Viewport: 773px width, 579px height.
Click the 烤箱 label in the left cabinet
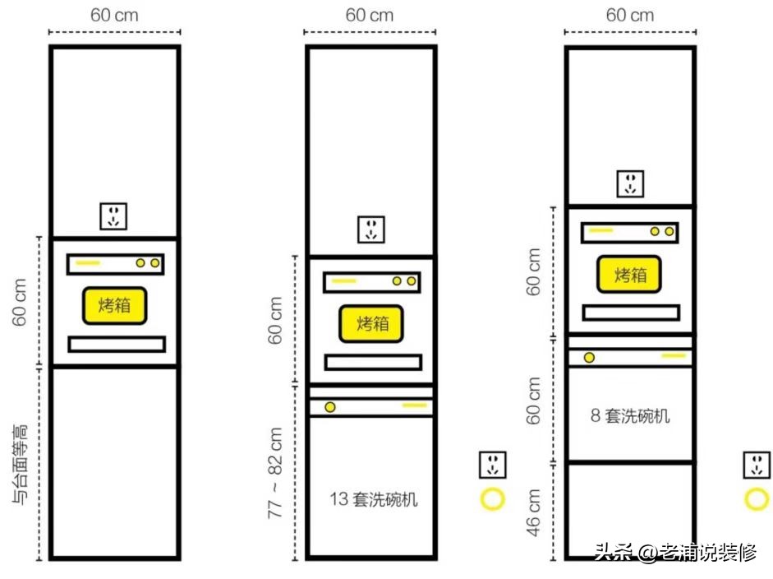115,306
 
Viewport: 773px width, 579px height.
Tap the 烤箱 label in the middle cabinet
372,323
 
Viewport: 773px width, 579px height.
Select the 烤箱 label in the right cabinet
629,275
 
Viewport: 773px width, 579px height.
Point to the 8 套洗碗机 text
630,415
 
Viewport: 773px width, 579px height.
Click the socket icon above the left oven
114,217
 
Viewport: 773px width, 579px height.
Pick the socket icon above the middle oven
371,229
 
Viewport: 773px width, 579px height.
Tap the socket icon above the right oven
630,183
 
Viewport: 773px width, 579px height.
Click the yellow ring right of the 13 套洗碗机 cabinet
492,498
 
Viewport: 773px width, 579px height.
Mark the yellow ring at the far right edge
757,498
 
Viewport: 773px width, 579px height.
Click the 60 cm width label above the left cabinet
114,15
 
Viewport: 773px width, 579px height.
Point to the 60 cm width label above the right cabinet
630,15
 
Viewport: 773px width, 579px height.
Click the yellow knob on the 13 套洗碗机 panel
330,407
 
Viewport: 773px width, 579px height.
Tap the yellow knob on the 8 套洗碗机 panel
589,357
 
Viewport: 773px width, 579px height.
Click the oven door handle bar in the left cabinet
117,344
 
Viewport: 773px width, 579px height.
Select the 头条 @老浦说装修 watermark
675,552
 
